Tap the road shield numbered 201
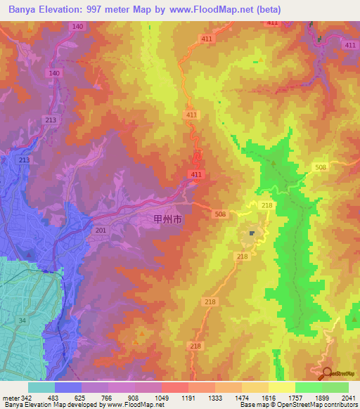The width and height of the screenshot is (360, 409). tap(100, 229)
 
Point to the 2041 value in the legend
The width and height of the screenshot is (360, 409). tap(348, 398)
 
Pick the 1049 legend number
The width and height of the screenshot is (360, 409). tap(161, 398)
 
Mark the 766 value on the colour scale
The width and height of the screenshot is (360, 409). tap(108, 398)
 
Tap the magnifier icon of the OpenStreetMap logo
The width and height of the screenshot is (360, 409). tap(326, 372)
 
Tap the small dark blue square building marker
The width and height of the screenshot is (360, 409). tap(251, 233)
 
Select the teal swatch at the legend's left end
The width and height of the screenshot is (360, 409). tap(41, 387)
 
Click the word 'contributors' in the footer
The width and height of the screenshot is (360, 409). tap(341, 405)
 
